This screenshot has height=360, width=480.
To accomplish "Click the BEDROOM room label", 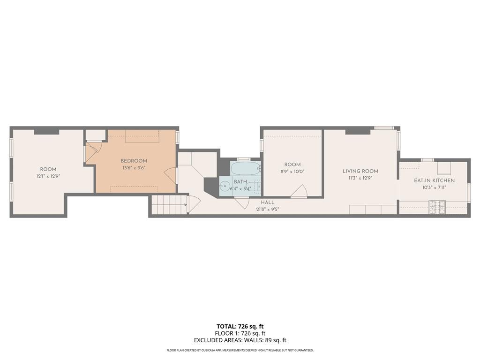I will (x=134, y=161).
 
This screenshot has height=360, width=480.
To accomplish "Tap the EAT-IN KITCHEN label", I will (x=434, y=180).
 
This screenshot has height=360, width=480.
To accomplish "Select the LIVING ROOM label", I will (x=360, y=171).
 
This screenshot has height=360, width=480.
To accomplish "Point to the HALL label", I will (x=268, y=202).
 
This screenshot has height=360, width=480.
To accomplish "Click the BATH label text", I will (x=240, y=182).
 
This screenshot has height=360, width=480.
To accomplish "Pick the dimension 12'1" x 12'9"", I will (x=48, y=176).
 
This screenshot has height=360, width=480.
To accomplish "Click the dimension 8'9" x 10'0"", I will (x=292, y=171).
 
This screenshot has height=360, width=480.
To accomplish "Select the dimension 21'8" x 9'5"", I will (x=268, y=209).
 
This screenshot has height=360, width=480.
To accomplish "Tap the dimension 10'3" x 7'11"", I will (x=434, y=187).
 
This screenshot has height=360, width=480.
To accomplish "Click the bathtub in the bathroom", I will (x=245, y=169).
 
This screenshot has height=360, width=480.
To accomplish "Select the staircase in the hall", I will (x=169, y=205).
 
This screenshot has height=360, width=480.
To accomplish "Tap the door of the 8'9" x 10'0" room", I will (x=299, y=192).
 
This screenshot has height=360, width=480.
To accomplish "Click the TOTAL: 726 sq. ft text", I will (x=240, y=326).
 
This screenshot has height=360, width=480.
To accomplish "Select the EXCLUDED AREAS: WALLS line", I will (x=240, y=340).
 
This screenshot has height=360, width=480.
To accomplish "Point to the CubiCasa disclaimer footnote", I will (x=240, y=350).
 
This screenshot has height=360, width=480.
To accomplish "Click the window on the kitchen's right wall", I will (x=469, y=193).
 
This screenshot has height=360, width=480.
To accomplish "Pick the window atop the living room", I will (x=383, y=127).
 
